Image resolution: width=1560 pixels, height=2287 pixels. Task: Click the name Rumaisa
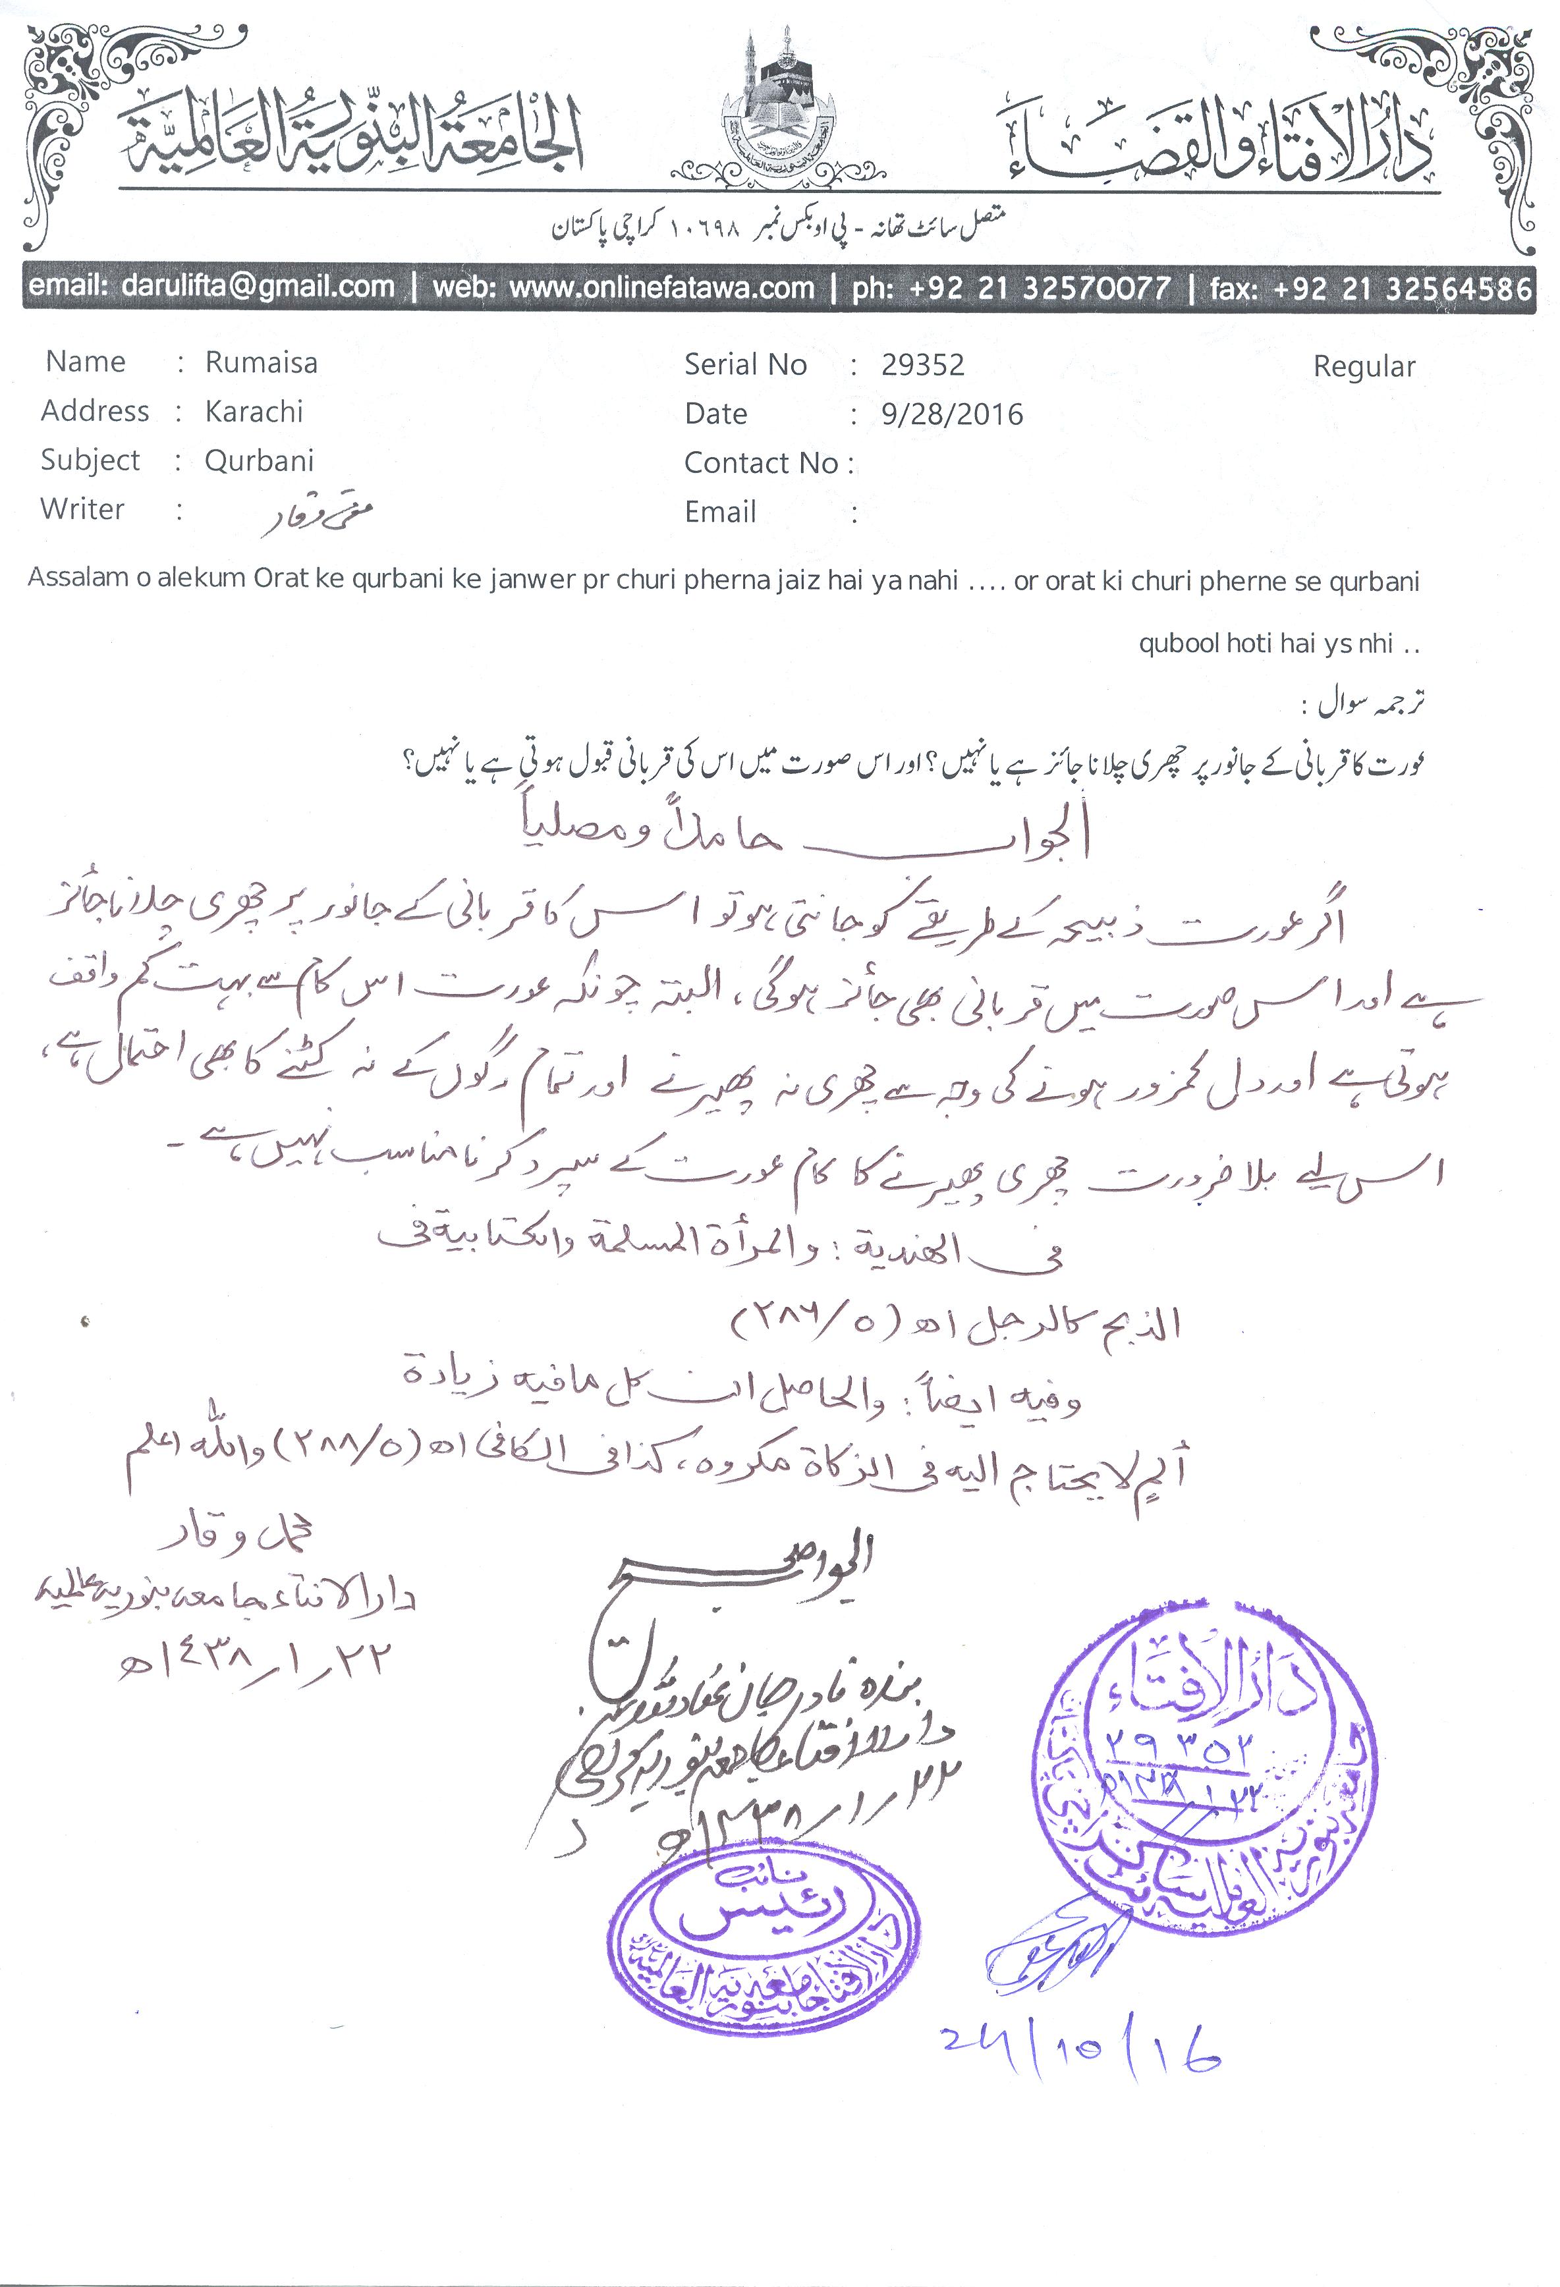point(261,363)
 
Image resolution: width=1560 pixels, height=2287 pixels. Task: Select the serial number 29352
point(922,365)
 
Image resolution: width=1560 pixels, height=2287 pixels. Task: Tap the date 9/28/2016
point(952,414)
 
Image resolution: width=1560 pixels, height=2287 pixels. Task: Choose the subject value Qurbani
point(259,460)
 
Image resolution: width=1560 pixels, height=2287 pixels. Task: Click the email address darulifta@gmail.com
point(258,287)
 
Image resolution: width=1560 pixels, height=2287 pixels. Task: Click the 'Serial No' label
point(745,365)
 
